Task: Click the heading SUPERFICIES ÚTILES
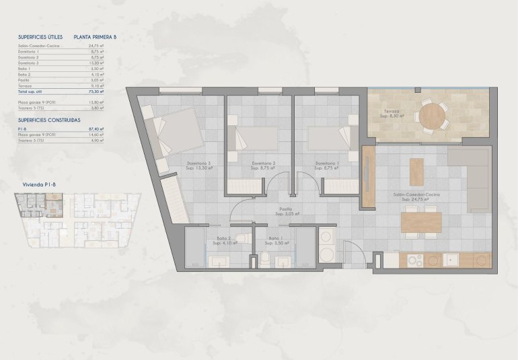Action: (41, 38)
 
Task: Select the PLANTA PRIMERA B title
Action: (95, 38)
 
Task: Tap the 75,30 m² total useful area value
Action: (98, 91)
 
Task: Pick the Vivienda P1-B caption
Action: (39, 183)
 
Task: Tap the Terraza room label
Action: (392, 111)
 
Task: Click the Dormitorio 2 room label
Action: (264, 163)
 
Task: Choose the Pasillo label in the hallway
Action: (287, 209)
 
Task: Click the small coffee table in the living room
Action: (416, 171)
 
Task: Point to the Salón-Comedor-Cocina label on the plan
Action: (416, 194)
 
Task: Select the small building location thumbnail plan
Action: (77, 222)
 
